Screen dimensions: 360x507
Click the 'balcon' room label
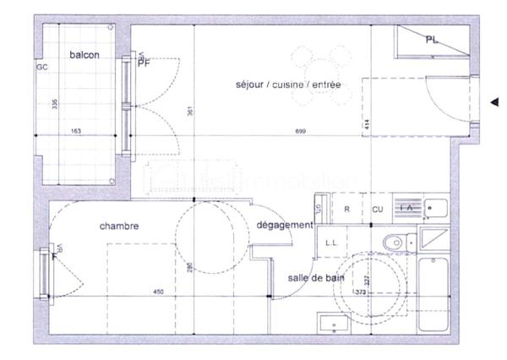click(84, 55)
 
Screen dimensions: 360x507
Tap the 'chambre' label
click(119, 226)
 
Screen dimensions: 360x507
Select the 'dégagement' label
click(285, 226)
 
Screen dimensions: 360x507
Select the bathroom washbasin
click(333, 324)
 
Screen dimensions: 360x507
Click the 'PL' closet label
click(432, 40)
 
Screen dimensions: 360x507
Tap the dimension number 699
click(300, 132)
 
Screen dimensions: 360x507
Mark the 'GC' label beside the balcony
click(41, 66)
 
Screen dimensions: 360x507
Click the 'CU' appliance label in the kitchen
click(377, 209)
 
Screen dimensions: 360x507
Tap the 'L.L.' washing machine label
click(331, 243)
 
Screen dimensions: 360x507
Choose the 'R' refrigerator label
click(347, 209)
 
